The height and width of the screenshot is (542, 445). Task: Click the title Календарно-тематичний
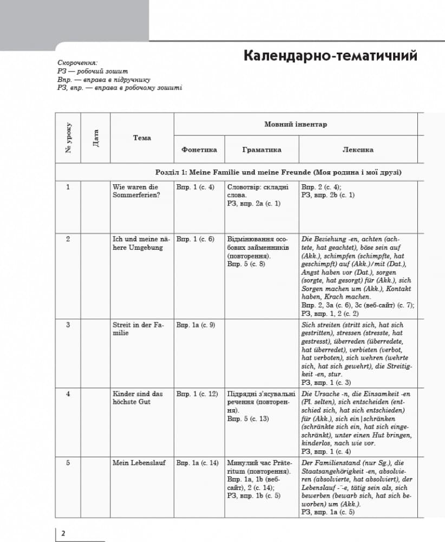point(330,56)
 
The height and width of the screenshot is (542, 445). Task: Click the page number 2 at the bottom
point(63,533)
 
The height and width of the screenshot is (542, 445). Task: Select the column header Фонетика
point(199,150)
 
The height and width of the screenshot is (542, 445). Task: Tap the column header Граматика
point(261,150)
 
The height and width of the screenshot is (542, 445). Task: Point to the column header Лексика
point(358,150)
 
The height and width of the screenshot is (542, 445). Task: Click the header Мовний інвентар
point(296,124)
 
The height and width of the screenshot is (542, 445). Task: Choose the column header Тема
point(142,138)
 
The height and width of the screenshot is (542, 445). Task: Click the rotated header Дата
point(96,138)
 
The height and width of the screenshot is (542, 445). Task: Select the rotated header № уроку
point(69,138)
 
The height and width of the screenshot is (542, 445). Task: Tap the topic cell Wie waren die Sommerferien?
point(135,191)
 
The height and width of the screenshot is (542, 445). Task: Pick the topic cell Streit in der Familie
point(138,328)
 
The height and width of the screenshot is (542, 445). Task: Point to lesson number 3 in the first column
point(68,325)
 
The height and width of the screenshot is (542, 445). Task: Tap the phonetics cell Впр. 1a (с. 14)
point(198,463)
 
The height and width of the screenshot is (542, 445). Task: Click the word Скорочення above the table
point(77,63)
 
